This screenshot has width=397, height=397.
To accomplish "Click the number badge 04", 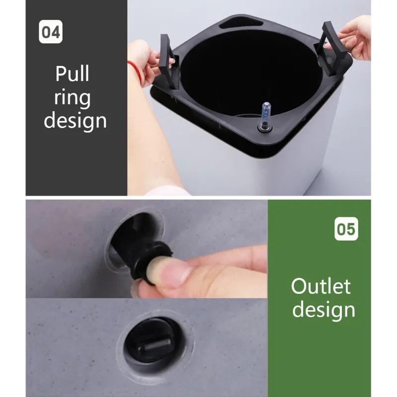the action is [51, 32].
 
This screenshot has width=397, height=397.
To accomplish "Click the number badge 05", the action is [346, 228].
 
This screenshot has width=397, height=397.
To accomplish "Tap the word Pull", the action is [72, 73].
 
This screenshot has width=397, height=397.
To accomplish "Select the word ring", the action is [72, 98].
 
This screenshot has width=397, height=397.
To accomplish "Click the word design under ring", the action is [75, 120].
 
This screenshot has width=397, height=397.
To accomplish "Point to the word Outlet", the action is [321, 286].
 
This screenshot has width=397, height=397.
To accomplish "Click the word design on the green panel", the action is [324, 309].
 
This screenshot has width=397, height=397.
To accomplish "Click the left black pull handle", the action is [168, 62].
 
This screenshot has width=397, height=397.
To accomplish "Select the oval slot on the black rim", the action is [241, 24].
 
